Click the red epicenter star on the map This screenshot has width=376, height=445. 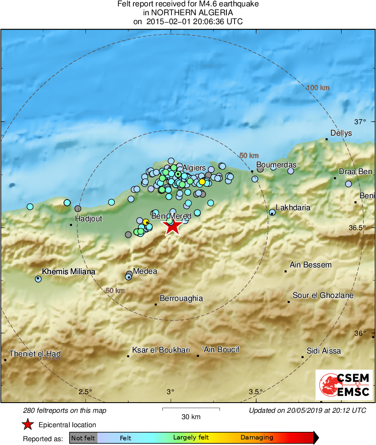coord(172,227)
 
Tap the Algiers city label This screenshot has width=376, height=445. coord(194,168)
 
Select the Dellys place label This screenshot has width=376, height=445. coord(341,133)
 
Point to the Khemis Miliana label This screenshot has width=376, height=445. coord(69,271)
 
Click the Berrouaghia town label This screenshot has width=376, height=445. coord(181,298)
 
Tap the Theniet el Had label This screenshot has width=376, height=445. coord(35,354)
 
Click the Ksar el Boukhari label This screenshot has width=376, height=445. coord(161,350)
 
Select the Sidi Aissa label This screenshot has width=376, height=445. coord(323,351)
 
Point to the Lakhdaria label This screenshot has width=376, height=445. coord(293,208)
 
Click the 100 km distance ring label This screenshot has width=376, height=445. coord(318,88)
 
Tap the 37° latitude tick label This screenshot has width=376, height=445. coord(360,122)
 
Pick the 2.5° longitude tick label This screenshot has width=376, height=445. coord(86,391)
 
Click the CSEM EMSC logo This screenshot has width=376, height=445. coord(344,384)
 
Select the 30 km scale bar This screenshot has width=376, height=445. coord(191,409)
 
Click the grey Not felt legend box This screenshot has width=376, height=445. coord(83,438)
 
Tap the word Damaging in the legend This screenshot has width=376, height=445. coord(257,438)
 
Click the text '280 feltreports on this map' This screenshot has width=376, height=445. coord(65,410)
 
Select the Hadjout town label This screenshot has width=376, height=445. coord(88,219)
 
